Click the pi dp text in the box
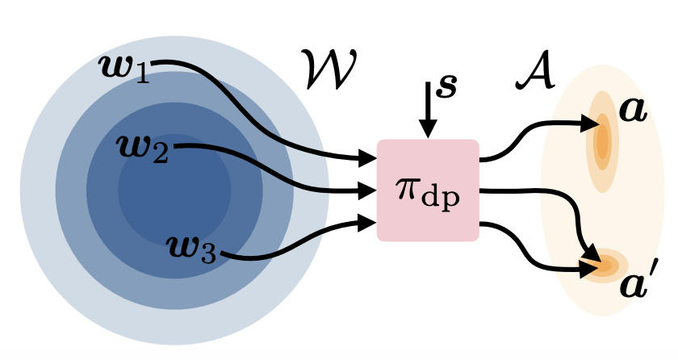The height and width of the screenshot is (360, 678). (428, 192)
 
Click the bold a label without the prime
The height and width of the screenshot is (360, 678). (632, 109)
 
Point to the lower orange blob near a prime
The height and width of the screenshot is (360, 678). (605, 264)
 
